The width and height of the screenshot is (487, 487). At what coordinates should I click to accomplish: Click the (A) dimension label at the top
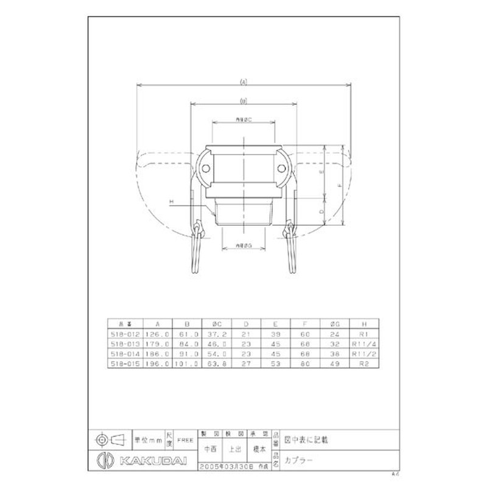[x=243, y=81]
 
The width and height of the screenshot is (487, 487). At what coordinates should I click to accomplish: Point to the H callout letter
[x=172, y=201]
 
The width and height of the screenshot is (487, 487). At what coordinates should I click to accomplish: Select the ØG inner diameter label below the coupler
[x=243, y=245]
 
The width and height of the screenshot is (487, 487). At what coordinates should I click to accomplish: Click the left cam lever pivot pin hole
[x=205, y=169]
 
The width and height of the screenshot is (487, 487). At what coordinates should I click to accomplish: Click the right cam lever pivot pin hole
[x=282, y=169]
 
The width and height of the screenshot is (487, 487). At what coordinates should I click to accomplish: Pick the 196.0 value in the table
[x=158, y=364]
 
